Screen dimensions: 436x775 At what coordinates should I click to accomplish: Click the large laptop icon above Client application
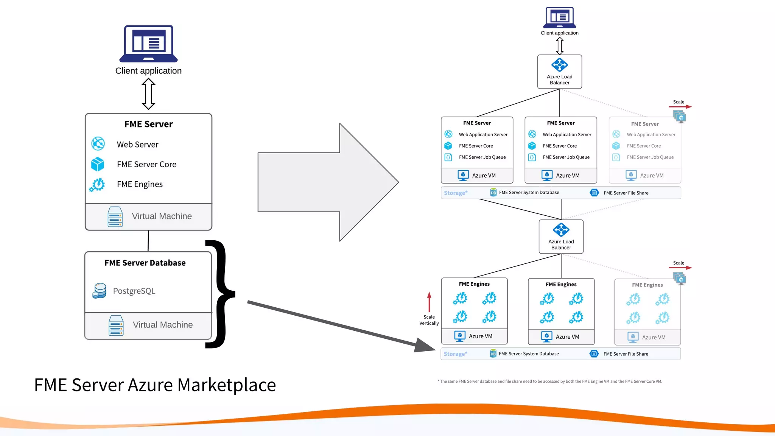click(x=148, y=44)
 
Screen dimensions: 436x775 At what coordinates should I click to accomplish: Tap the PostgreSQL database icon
click(x=100, y=291)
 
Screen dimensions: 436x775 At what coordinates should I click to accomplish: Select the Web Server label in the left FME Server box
click(x=137, y=145)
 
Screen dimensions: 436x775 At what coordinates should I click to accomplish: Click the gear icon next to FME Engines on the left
click(x=98, y=185)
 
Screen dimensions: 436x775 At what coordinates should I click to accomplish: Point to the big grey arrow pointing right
click(x=325, y=182)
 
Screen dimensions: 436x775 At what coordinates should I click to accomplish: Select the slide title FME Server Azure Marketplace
click(x=155, y=385)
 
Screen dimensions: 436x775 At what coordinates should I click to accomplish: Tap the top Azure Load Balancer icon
click(x=559, y=65)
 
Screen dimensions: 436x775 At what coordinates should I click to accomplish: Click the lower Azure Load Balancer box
click(x=561, y=237)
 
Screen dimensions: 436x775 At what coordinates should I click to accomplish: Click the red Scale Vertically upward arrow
click(x=429, y=302)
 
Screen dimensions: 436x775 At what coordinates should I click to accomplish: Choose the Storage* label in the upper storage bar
click(x=456, y=193)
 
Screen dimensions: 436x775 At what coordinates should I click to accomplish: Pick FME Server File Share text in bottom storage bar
click(x=626, y=354)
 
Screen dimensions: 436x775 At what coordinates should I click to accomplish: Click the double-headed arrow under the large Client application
click(x=148, y=94)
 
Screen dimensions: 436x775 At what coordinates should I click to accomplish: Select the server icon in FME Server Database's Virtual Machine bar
click(x=116, y=325)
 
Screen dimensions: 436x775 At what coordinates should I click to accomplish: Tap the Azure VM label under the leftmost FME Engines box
click(x=481, y=336)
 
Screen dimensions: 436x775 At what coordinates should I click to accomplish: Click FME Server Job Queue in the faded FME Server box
click(x=650, y=157)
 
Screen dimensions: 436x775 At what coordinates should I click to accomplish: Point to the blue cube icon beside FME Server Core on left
click(x=98, y=164)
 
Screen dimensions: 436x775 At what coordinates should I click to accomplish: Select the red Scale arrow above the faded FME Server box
click(x=680, y=107)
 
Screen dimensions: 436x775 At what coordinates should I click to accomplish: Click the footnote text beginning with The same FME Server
click(x=551, y=381)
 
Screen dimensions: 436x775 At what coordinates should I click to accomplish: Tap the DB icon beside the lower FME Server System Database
click(x=493, y=354)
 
